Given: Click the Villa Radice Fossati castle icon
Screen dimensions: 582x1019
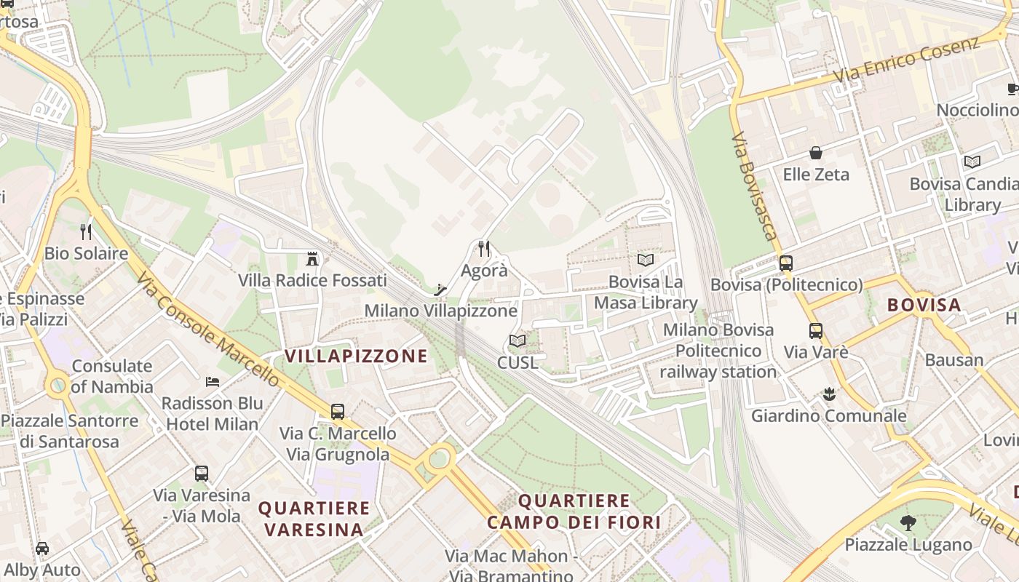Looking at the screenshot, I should pyautogui.click(x=312, y=258).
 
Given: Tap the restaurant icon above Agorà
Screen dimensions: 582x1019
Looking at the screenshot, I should pyautogui.click(x=484, y=250).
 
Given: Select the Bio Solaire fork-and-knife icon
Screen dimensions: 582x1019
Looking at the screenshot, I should pyautogui.click(x=86, y=232).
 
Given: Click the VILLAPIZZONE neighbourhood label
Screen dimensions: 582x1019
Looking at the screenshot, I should pyautogui.click(x=356, y=356).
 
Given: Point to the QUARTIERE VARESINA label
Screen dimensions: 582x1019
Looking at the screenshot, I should pyautogui.click(x=314, y=519).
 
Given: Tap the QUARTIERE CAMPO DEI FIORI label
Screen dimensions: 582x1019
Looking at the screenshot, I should pyautogui.click(x=574, y=511).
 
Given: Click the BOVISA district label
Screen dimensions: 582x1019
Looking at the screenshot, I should pyautogui.click(x=924, y=305).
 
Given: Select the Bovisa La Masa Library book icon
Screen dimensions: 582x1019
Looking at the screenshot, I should pyautogui.click(x=645, y=260).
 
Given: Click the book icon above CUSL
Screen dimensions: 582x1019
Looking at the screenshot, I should pyautogui.click(x=518, y=340).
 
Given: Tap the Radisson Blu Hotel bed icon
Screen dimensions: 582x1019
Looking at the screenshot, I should pyautogui.click(x=212, y=381).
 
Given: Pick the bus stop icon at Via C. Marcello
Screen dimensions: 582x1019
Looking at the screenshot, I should pyautogui.click(x=338, y=411).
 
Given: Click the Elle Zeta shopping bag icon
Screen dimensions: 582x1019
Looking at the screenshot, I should pyautogui.click(x=816, y=153).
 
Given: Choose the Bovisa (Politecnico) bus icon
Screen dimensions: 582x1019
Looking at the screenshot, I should pyautogui.click(x=786, y=263).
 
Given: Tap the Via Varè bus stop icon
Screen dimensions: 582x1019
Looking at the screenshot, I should pyautogui.click(x=816, y=331).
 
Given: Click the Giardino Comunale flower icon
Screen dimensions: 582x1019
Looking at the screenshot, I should pyautogui.click(x=828, y=395).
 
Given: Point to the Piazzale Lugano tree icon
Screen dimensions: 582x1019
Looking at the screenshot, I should pyautogui.click(x=907, y=522).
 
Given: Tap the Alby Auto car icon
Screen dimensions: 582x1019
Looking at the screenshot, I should pyautogui.click(x=42, y=549).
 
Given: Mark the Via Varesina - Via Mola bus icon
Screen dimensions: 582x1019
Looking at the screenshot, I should pyautogui.click(x=202, y=474).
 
